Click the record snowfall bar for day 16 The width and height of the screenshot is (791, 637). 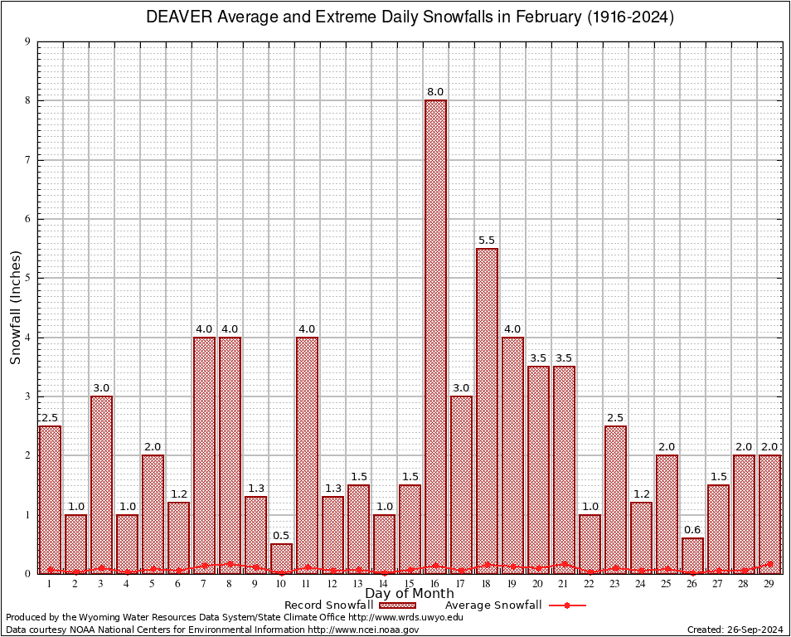[435, 336]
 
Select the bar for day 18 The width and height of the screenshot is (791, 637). [487, 411]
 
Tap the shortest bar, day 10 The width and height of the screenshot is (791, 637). [282, 558]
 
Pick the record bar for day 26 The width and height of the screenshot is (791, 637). [692, 556]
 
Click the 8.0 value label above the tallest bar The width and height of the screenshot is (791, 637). [435, 91]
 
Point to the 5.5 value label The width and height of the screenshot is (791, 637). [487, 240]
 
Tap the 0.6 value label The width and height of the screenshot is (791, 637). [692, 529]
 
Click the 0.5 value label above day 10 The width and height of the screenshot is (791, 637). [282, 535]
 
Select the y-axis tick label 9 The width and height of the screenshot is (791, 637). [28, 41]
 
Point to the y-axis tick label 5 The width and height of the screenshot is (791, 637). [28, 278]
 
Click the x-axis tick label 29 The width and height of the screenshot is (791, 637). [769, 584]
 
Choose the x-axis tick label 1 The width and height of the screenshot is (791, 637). [50, 584]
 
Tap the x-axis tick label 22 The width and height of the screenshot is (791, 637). [590, 584]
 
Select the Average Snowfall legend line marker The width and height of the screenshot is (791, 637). [567, 605]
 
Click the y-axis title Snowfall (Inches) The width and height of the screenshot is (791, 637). [15, 307]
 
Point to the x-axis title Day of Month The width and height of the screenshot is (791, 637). [409, 593]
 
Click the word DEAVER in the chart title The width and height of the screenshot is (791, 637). [179, 17]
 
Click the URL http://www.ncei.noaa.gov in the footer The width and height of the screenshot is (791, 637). [363, 630]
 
